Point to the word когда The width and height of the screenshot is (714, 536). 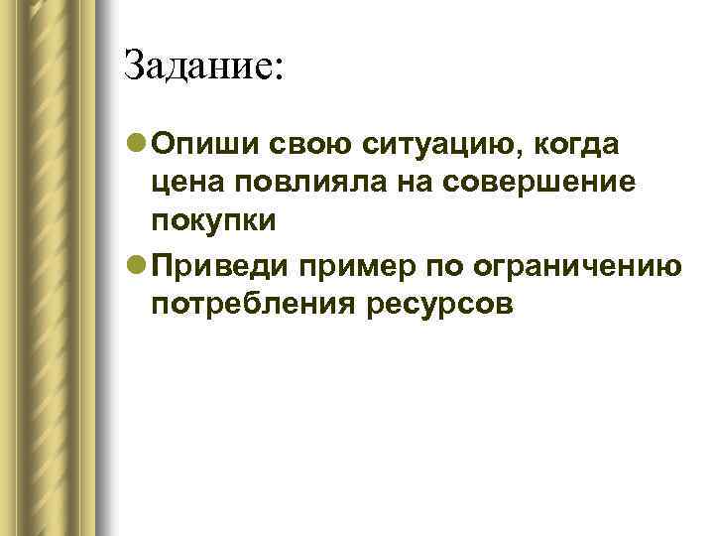point(577,145)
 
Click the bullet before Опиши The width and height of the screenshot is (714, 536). point(137,145)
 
